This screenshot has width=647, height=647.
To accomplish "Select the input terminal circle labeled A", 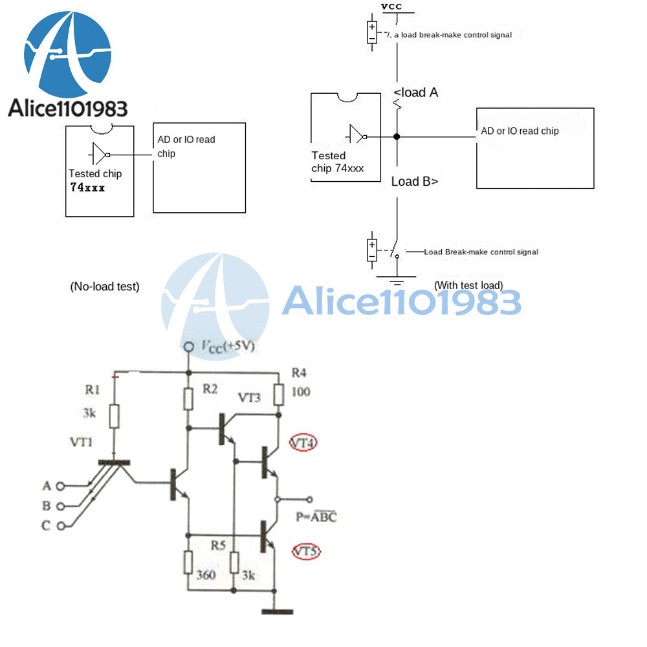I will (x=61, y=485).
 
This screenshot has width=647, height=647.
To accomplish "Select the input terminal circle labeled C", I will (x=61, y=526).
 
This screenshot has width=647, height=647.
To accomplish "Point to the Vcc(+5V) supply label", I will (x=227, y=347).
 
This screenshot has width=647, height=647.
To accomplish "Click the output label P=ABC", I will (x=316, y=516).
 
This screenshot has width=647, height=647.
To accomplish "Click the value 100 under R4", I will (x=301, y=391).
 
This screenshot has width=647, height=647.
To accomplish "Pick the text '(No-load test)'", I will (x=104, y=286).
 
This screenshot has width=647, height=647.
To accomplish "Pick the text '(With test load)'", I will (x=468, y=285).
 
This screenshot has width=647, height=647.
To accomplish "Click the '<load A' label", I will (x=416, y=93).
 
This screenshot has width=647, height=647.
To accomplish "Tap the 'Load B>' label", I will (x=415, y=181).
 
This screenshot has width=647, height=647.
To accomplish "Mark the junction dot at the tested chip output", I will (x=397, y=137).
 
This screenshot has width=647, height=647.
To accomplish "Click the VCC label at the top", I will (x=391, y=6).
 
